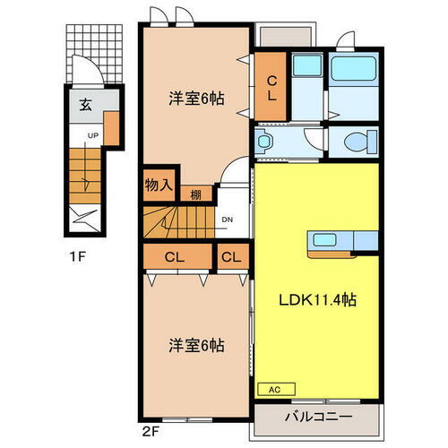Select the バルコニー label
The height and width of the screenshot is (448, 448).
tap(319, 418)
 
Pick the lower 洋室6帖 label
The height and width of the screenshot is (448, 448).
tap(196, 345)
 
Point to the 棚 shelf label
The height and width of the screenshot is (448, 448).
tap(195, 194)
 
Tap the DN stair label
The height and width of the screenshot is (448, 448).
tap(228, 219)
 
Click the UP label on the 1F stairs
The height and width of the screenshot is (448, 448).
tap(92, 136)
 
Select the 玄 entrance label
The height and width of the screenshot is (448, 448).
tap(84, 105)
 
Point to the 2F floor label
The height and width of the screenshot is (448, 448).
tap(149, 428)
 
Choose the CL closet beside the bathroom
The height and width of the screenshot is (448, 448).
tap(271, 86)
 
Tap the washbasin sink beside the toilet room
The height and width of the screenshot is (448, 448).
tap(265, 142)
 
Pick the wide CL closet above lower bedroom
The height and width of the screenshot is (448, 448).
tap(176, 258)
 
